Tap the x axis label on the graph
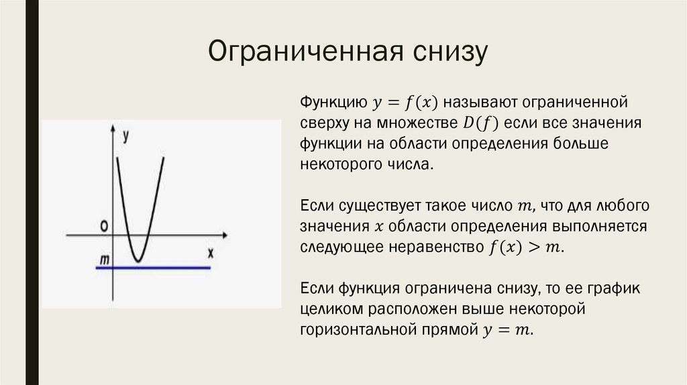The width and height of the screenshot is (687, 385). point(210,253)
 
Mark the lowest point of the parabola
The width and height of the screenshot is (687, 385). point(138,261)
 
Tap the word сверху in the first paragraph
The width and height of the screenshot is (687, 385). point(323,123)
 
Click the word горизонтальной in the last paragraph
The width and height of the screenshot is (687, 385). point(355,329)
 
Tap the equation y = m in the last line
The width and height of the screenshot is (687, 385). point(507,330)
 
